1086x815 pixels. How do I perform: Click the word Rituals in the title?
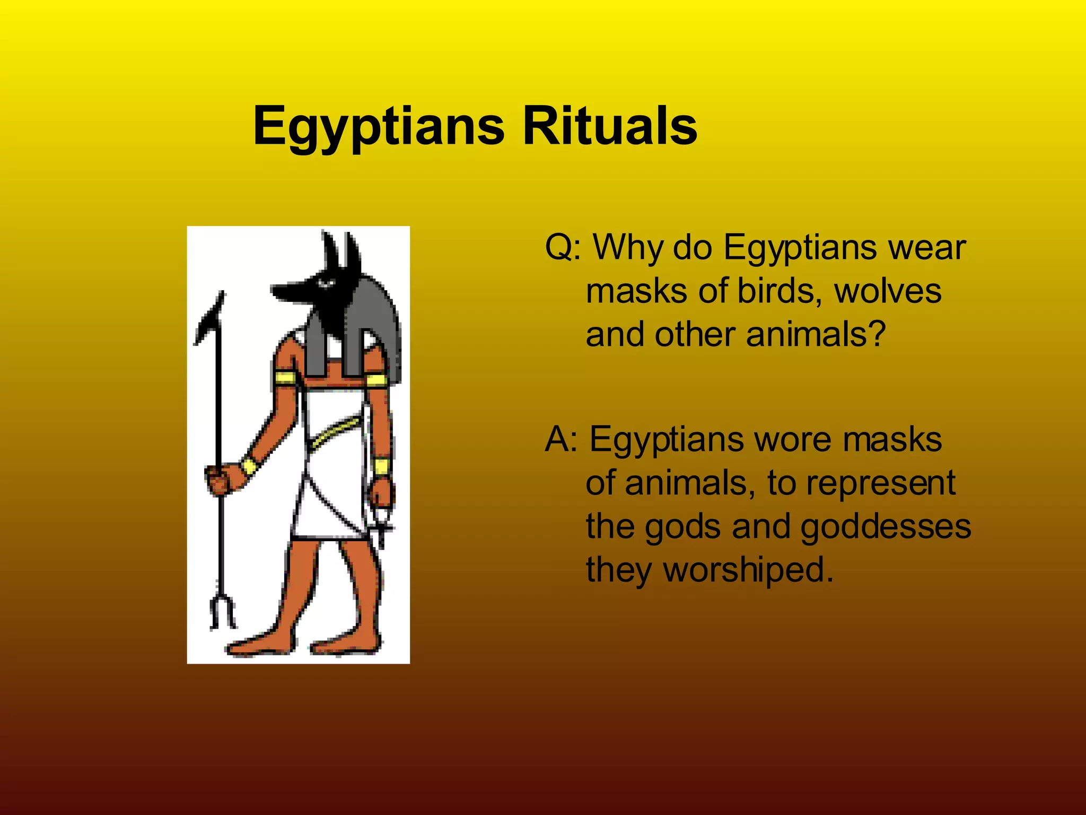point(610,126)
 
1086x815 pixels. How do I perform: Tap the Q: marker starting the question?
point(562,247)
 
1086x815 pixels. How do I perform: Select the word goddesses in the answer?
point(886,527)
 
